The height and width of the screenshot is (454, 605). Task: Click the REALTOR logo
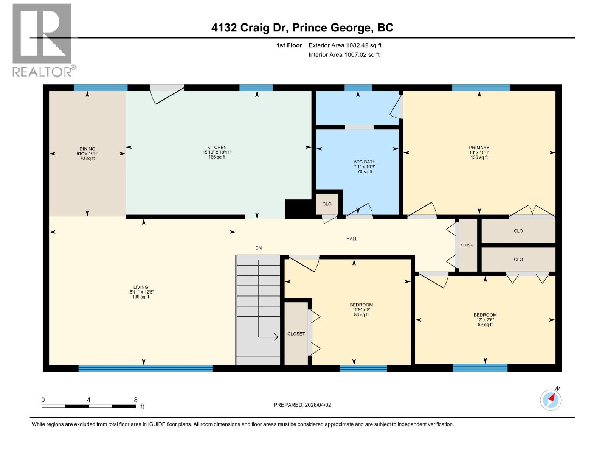point(42,40)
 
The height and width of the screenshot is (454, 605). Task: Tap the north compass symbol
point(551,400)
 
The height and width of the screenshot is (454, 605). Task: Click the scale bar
point(89,406)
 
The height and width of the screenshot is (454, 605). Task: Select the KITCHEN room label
point(217,152)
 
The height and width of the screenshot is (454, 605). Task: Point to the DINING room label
point(87,153)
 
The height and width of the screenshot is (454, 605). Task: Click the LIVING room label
point(141,292)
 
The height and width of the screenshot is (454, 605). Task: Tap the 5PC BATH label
point(365,166)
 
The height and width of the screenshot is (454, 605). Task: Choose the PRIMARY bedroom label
point(479,152)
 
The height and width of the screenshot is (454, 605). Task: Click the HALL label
point(352,239)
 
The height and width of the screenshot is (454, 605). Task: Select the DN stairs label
point(258,248)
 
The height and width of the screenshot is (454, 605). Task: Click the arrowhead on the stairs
point(276,337)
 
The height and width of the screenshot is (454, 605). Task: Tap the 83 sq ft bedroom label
point(361,309)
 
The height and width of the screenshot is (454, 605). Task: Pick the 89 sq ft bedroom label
point(485,319)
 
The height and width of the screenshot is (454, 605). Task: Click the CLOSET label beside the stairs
point(296,334)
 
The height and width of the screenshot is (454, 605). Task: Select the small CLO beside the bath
point(327,204)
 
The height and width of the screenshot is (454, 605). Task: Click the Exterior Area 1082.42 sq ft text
point(345,45)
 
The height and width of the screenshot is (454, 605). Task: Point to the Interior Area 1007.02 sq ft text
point(344,54)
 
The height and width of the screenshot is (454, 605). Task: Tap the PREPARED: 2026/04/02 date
point(302,405)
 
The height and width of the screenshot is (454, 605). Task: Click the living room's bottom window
point(146,368)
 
